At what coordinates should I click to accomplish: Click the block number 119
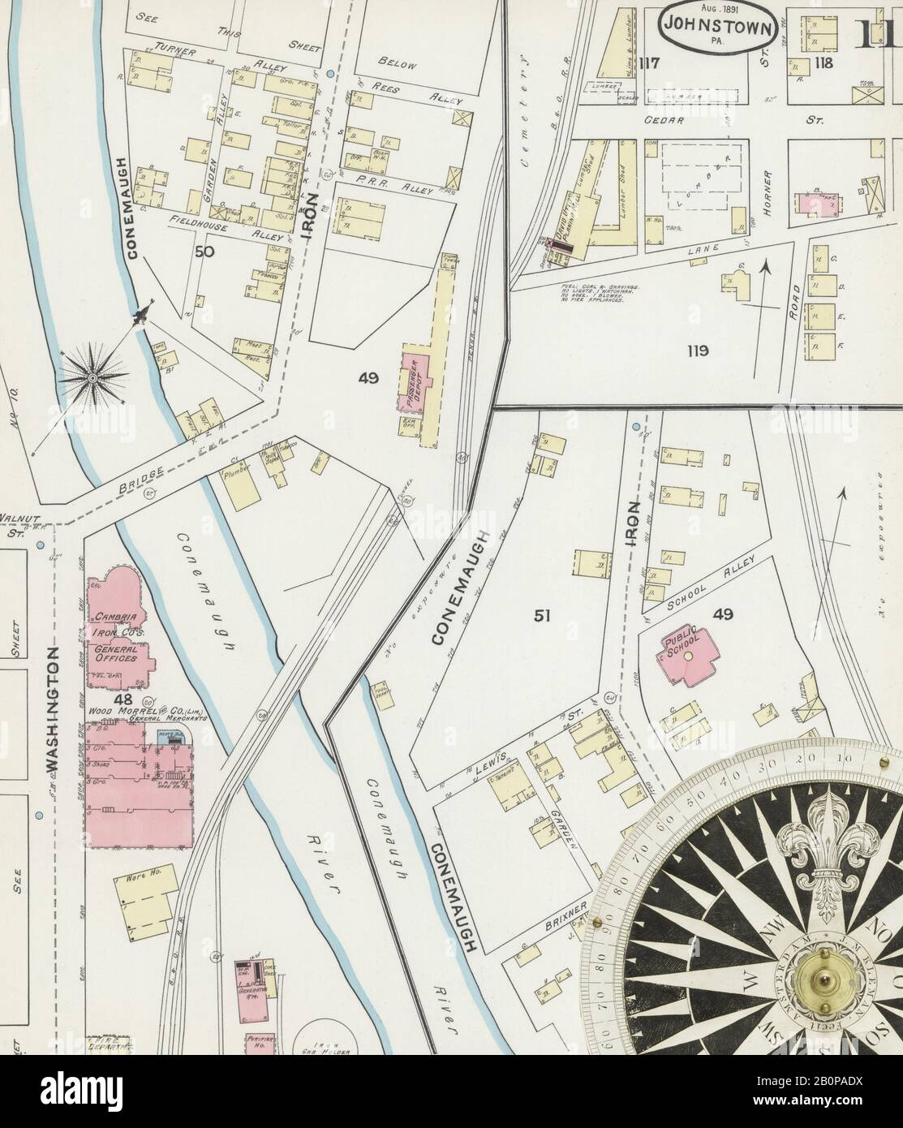(x=696, y=351)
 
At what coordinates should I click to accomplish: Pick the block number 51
(x=543, y=616)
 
